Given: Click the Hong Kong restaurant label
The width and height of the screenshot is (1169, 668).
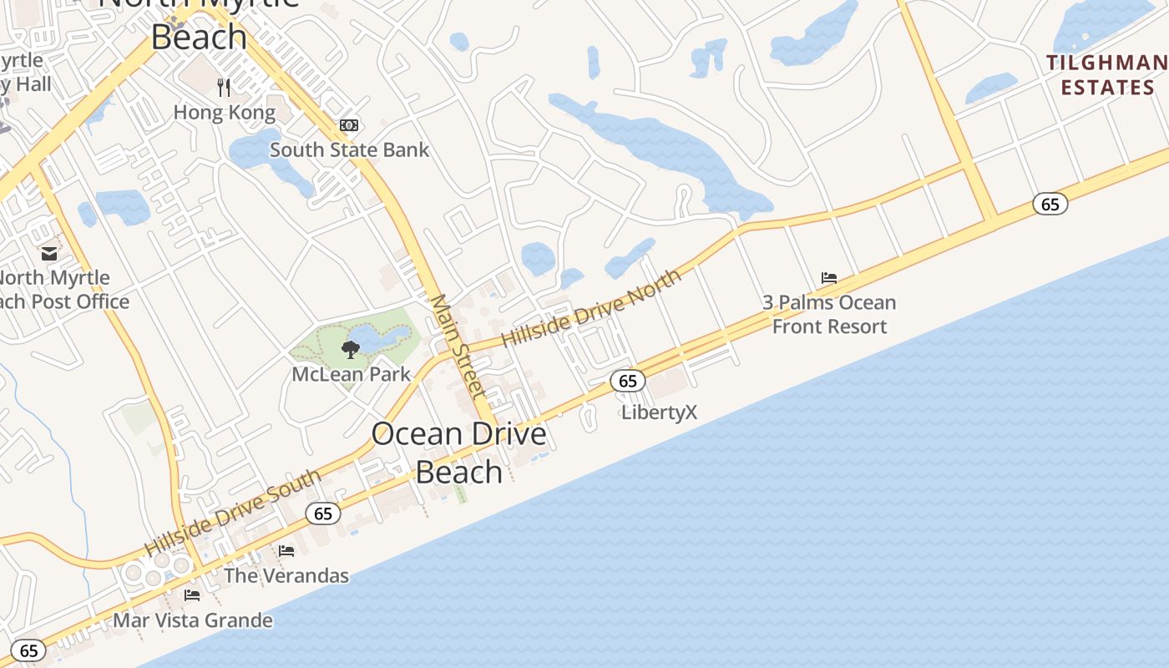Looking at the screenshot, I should coord(224,112).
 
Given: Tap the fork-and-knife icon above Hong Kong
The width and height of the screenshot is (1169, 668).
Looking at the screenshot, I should coord(223,86).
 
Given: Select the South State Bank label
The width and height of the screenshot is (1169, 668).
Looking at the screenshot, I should coord(349,150).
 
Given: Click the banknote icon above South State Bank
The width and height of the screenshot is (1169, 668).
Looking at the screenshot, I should coord(349,125).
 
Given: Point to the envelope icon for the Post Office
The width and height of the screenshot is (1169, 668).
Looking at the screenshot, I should coord(49,252).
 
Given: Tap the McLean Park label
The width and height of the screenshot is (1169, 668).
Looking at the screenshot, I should coord(351,373).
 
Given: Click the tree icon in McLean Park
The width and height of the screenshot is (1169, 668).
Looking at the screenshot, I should coord(351,350).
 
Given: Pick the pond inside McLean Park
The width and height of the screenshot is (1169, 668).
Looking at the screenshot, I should coord(380,338).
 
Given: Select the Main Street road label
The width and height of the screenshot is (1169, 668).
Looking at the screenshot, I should coord(458,346).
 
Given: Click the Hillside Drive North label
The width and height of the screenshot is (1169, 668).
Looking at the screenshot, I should coord(591,308).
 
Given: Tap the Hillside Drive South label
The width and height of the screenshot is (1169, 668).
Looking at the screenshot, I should coord(233,513).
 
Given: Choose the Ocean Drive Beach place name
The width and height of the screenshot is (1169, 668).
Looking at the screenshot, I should coord(458,453).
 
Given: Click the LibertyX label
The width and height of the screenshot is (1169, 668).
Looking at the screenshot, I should coord(659,412).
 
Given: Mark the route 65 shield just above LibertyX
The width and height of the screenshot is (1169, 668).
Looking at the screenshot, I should coord(628,381).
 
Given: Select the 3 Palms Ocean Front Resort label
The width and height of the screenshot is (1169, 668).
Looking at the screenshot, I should coord(829,314).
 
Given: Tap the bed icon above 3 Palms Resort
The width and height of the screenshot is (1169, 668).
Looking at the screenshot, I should coord(829,278).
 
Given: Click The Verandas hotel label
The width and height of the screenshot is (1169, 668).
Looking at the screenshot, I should coord(286,575).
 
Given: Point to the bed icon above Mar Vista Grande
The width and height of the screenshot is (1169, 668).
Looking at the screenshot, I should coord(192,595).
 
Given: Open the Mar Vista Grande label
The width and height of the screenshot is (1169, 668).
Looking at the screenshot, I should coord(192,620).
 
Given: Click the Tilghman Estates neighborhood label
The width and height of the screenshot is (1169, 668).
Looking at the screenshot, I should coord(1106,74).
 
